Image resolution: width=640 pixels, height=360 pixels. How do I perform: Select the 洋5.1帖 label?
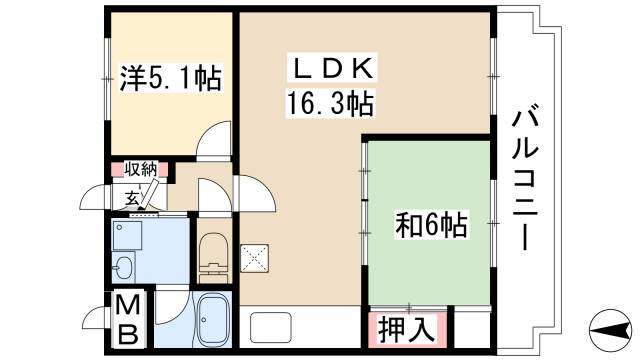(x=171, y=77)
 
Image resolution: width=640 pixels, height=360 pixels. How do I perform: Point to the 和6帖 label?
(x=431, y=226)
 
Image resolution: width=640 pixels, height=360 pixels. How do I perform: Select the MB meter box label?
(x=129, y=319)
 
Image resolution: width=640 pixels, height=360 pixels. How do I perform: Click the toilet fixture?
(x=212, y=253)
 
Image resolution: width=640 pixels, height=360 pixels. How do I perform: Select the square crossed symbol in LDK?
(x=254, y=256)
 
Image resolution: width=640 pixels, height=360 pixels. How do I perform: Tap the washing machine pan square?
(x=127, y=235)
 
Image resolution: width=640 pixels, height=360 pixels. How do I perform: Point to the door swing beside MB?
(x=99, y=318)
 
